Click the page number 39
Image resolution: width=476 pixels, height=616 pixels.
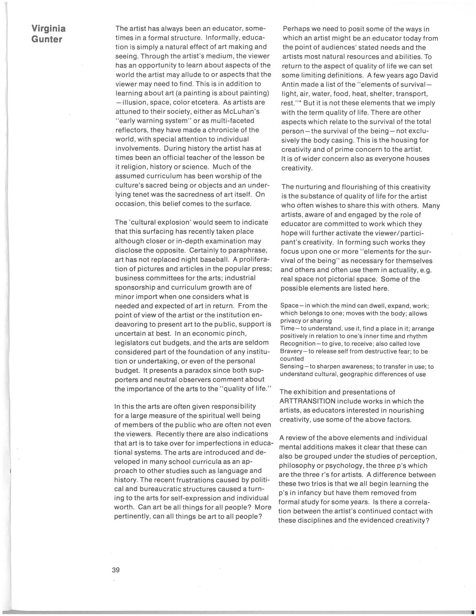116,570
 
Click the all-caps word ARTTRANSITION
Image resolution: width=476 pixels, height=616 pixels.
308,401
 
